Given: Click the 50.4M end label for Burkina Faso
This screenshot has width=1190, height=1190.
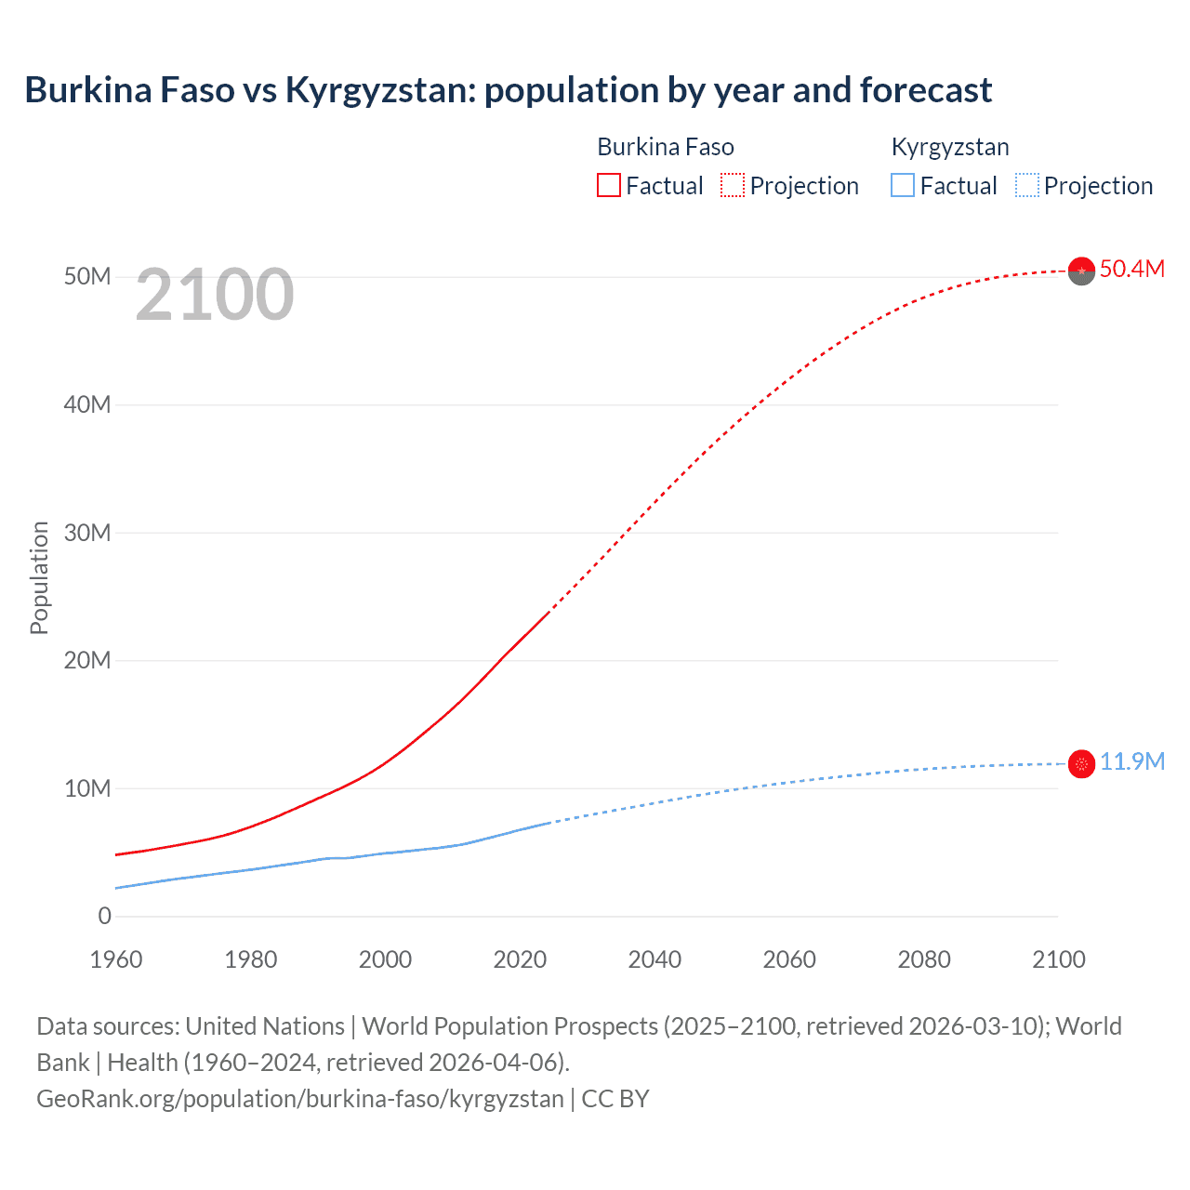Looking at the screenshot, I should pos(1131,270).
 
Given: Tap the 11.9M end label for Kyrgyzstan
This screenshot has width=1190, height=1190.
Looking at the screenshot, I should pos(1131,762).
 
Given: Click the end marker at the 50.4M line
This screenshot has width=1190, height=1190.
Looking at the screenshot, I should pos(1081,271).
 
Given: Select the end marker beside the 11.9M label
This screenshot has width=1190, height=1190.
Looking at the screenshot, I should pos(1081,764).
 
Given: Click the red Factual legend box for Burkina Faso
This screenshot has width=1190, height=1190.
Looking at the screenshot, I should pos(608,186).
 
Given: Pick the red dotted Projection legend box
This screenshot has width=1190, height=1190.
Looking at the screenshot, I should pos(733,186).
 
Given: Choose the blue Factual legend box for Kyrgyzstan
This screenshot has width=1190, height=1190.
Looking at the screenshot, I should pos(903,186).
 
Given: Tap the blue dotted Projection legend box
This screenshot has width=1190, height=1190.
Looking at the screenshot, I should pos(1027,186).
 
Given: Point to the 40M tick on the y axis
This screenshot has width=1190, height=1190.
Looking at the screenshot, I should pos(87,405).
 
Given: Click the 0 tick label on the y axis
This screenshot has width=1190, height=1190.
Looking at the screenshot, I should pos(104,917).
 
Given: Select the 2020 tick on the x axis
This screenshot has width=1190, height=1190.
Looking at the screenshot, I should pos(520,959).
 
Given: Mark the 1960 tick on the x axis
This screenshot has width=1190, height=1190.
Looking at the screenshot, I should pos(116,959).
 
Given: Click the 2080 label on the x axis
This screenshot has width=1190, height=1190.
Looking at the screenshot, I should pos(924,959).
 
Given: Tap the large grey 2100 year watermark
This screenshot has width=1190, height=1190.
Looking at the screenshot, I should pos(215,296).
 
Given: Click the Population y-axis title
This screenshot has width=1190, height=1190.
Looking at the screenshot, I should pos(39,578).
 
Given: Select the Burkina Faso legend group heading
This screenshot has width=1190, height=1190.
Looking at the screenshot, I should pos(666,147).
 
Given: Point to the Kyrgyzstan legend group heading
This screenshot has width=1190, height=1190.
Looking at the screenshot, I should pos(950,147).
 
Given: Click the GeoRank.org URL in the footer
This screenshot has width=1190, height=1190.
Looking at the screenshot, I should pos(300,1099).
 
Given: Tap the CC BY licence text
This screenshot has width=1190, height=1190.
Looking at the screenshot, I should pos(615,1099).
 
